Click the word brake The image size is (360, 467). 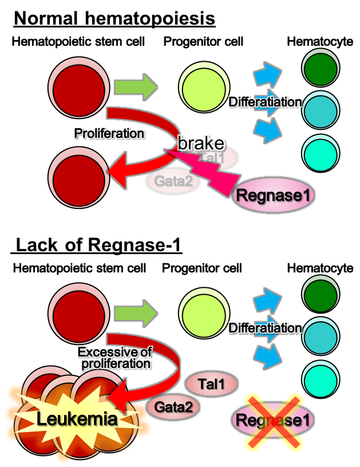[200, 143]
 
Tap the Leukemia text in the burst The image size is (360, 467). [77, 419]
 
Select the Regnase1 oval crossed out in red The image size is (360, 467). [274, 420]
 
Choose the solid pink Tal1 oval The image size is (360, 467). [212, 385]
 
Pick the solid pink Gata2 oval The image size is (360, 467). [173, 407]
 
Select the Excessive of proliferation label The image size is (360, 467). [115, 358]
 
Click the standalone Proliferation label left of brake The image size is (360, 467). [109, 133]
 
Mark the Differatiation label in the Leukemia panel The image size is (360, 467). [264, 329]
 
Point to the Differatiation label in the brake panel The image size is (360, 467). [264, 102]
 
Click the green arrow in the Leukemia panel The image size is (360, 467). [136, 313]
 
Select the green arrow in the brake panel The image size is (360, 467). [136, 88]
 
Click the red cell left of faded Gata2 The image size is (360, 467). [78, 178]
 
